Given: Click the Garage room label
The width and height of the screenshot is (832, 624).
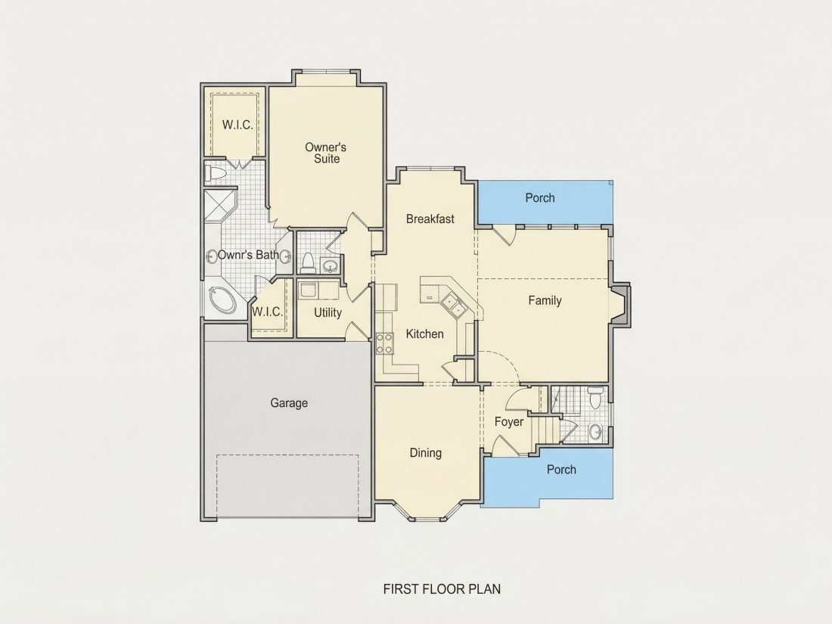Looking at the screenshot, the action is [x=289, y=403].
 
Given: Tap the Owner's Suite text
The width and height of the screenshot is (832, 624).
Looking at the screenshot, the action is [x=326, y=153].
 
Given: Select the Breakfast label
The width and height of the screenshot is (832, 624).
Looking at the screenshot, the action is [x=430, y=219].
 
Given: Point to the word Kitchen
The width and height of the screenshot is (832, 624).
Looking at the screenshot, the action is [x=424, y=334].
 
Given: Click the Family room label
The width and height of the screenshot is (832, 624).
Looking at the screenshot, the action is [x=545, y=301].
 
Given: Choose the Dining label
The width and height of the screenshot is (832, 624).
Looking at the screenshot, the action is [x=426, y=452].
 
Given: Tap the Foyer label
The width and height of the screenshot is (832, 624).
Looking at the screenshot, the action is [x=509, y=422].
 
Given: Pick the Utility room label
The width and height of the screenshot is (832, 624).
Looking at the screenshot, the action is [x=328, y=312].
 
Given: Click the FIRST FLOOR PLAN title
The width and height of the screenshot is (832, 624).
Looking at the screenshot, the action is [x=442, y=589].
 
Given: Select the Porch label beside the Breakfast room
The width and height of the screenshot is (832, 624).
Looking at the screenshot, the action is [x=540, y=198].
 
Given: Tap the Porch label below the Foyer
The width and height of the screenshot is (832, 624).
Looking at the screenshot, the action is [x=561, y=470].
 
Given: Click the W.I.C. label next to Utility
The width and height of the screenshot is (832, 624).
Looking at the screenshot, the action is [x=267, y=312].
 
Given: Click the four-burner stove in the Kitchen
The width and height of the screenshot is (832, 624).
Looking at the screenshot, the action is [x=385, y=343].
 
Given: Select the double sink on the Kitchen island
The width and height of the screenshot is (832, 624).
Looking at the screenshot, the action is [x=452, y=305].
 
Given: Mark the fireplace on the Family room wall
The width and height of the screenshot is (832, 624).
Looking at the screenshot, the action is [x=620, y=305].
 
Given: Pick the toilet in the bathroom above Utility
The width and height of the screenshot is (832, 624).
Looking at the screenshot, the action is [x=308, y=263].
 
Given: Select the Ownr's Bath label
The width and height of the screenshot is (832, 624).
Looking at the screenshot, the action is [x=248, y=255].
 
